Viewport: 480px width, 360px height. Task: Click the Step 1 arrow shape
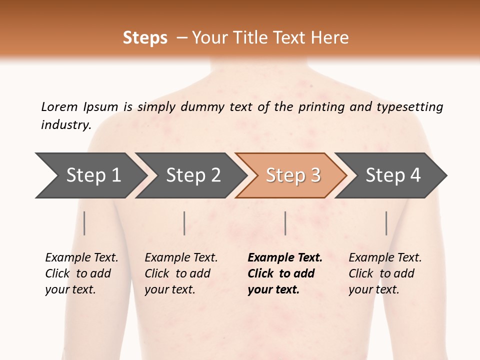(90, 175)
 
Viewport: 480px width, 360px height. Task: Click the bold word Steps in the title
(145, 38)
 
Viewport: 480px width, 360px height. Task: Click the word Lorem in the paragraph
(59, 106)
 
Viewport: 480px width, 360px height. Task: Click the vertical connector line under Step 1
(84, 223)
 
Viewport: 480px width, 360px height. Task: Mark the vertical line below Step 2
(184, 223)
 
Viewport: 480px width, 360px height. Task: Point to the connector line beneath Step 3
(285, 223)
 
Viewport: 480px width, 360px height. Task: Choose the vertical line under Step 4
(386, 223)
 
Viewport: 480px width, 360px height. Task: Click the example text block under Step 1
(81, 273)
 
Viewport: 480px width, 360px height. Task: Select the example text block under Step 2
(181, 273)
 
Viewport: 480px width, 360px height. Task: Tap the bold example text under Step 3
(285, 273)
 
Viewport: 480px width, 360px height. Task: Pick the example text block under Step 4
(385, 273)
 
